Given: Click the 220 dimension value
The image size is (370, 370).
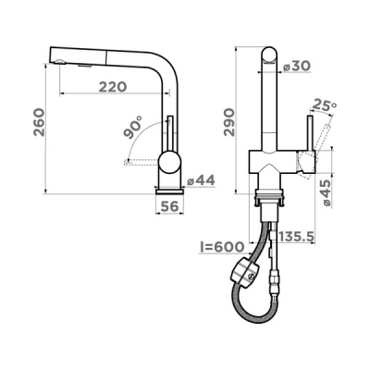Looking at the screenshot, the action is tap(113, 87).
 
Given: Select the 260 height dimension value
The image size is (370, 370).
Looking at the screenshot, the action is tap(40, 122).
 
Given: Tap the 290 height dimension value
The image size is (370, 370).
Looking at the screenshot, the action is tap(229, 122).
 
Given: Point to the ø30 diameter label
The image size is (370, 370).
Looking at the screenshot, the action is tap(297, 66).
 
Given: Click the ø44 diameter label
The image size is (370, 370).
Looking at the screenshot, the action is tap(201, 180).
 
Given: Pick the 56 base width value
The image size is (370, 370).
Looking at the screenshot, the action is tap(169, 206).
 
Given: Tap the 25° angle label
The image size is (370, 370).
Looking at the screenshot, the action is tap(324, 105).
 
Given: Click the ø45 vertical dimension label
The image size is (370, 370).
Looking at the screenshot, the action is tap(326, 192).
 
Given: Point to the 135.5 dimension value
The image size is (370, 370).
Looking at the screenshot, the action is tap(296, 237).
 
